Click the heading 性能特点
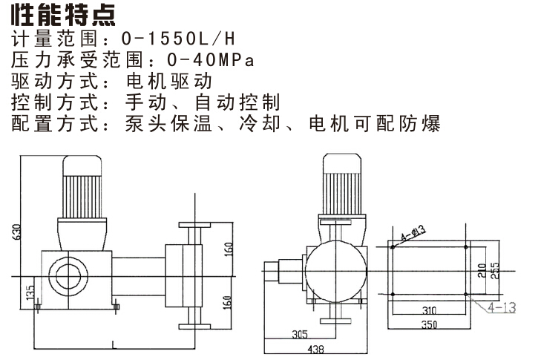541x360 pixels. pyautogui.click(x=63, y=15)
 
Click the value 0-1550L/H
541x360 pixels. pyautogui.click(x=178, y=39)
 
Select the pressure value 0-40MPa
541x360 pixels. pyautogui.click(x=211, y=59)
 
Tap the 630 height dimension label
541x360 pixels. pyautogui.click(x=17, y=232)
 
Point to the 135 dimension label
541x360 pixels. pyautogui.click(x=30, y=292)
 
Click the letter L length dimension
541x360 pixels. pyautogui.click(x=114, y=344)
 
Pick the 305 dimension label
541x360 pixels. pyautogui.click(x=300, y=334)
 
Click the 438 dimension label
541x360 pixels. pyautogui.click(x=315, y=350)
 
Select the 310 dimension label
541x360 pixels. pyautogui.click(x=429, y=310)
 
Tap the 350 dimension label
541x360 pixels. pyautogui.click(x=429, y=324)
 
